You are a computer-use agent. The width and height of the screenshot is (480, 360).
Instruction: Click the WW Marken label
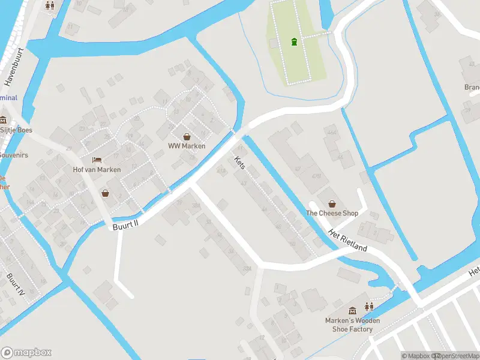click(187, 146)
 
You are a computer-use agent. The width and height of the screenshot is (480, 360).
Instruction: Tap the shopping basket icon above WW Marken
click(187, 137)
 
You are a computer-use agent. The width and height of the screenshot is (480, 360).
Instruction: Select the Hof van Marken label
click(97, 169)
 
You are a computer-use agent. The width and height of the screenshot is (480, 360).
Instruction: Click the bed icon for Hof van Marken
click(97, 160)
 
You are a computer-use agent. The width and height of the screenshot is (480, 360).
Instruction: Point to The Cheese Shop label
click(332, 213)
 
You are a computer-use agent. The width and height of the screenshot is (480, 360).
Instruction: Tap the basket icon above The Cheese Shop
click(332, 203)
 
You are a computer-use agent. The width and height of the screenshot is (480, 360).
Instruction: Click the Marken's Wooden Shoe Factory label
click(349, 325)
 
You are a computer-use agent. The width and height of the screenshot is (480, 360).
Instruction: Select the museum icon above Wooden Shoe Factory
click(353, 310)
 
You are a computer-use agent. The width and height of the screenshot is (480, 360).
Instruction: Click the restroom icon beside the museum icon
click(369, 307)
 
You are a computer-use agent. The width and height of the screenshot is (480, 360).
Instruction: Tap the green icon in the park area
click(294, 42)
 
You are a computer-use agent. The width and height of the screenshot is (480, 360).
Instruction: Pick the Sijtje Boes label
click(16, 130)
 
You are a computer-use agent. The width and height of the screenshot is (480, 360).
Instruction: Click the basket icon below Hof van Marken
click(106, 193)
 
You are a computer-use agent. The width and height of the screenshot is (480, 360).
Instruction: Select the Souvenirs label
click(14, 155)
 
